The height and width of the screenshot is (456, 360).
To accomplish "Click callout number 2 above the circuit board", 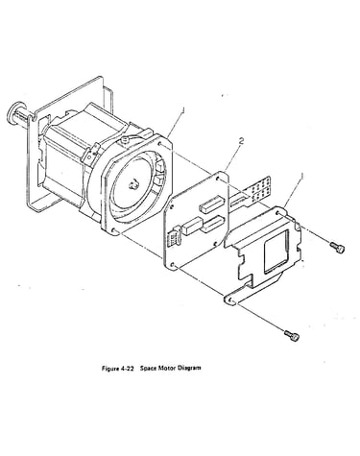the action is pos(241,141).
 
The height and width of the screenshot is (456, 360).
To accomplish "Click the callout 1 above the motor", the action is pos(183,110).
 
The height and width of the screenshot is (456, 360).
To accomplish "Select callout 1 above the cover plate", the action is pos(301,176).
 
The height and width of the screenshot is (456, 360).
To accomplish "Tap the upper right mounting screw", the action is pos(337,248).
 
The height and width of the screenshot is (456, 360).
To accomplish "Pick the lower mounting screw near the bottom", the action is pos(292,336).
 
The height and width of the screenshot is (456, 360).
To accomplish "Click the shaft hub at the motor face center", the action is pos(132,184).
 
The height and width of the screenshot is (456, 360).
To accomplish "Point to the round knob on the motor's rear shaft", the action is pos(15,113).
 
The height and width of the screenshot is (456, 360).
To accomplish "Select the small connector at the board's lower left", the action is pos(174,237).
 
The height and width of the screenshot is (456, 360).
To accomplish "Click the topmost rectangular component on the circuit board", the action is pos(210,205).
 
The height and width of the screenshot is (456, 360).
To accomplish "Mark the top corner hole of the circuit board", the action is pos(218,178).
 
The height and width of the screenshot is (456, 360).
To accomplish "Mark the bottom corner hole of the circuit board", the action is pos(173,265).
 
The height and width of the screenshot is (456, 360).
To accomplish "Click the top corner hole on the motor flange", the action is pos(160,145).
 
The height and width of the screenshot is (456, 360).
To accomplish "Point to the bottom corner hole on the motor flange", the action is pos(114,230).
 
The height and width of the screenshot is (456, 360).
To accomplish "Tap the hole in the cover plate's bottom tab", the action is pos(229,300).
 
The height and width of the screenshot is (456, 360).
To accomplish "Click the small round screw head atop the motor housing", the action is pos(125,139).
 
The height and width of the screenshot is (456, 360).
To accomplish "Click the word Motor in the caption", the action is pos(166,368).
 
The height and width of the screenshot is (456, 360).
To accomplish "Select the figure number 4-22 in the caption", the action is pos(126,368).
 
